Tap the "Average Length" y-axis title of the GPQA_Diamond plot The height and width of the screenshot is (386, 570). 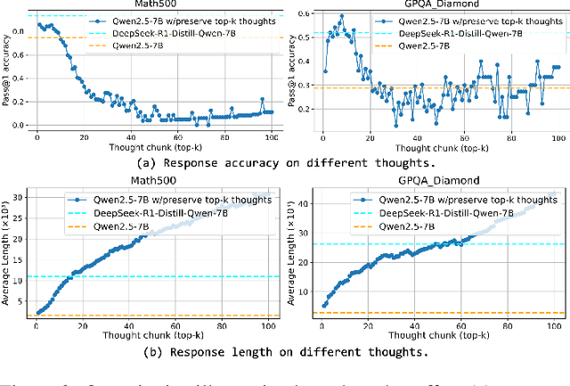tap(296, 254)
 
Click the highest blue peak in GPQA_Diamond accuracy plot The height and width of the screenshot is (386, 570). tap(339, 15)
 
